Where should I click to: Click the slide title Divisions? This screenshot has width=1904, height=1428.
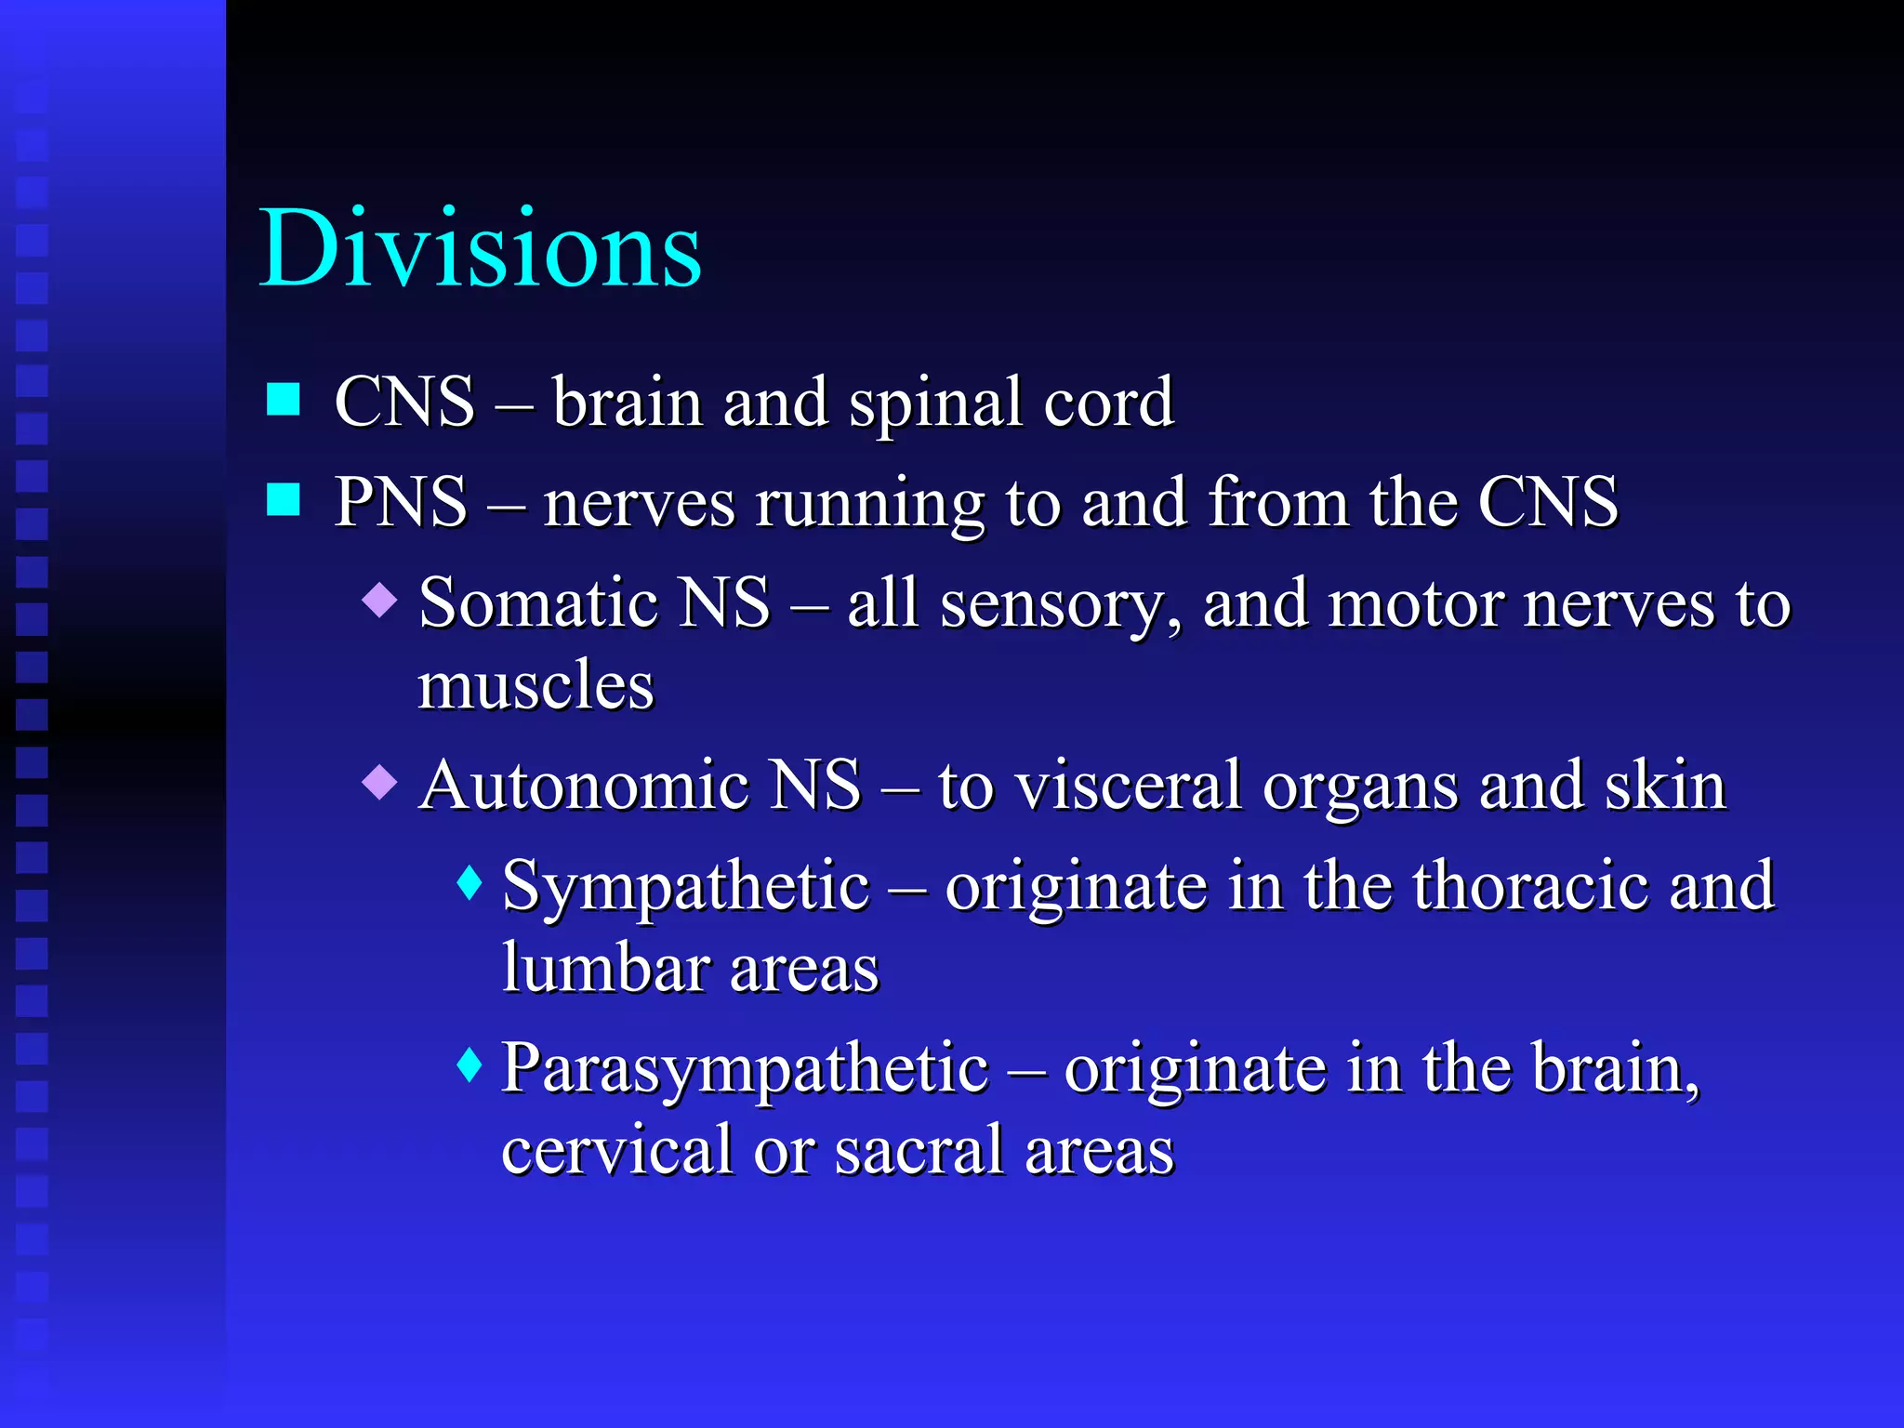coord(480,249)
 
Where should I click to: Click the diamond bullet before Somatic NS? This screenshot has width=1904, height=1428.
coord(380,600)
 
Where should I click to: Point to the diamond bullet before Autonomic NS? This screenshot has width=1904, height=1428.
coord(380,782)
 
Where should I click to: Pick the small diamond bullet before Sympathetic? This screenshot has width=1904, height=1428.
coord(470,882)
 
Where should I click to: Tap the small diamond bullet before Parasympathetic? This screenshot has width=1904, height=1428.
coord(470,1064)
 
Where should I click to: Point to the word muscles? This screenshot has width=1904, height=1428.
coord(535,685)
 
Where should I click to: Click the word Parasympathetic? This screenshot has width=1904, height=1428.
coord(745,1069)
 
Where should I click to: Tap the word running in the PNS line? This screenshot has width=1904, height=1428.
coord(868,504)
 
